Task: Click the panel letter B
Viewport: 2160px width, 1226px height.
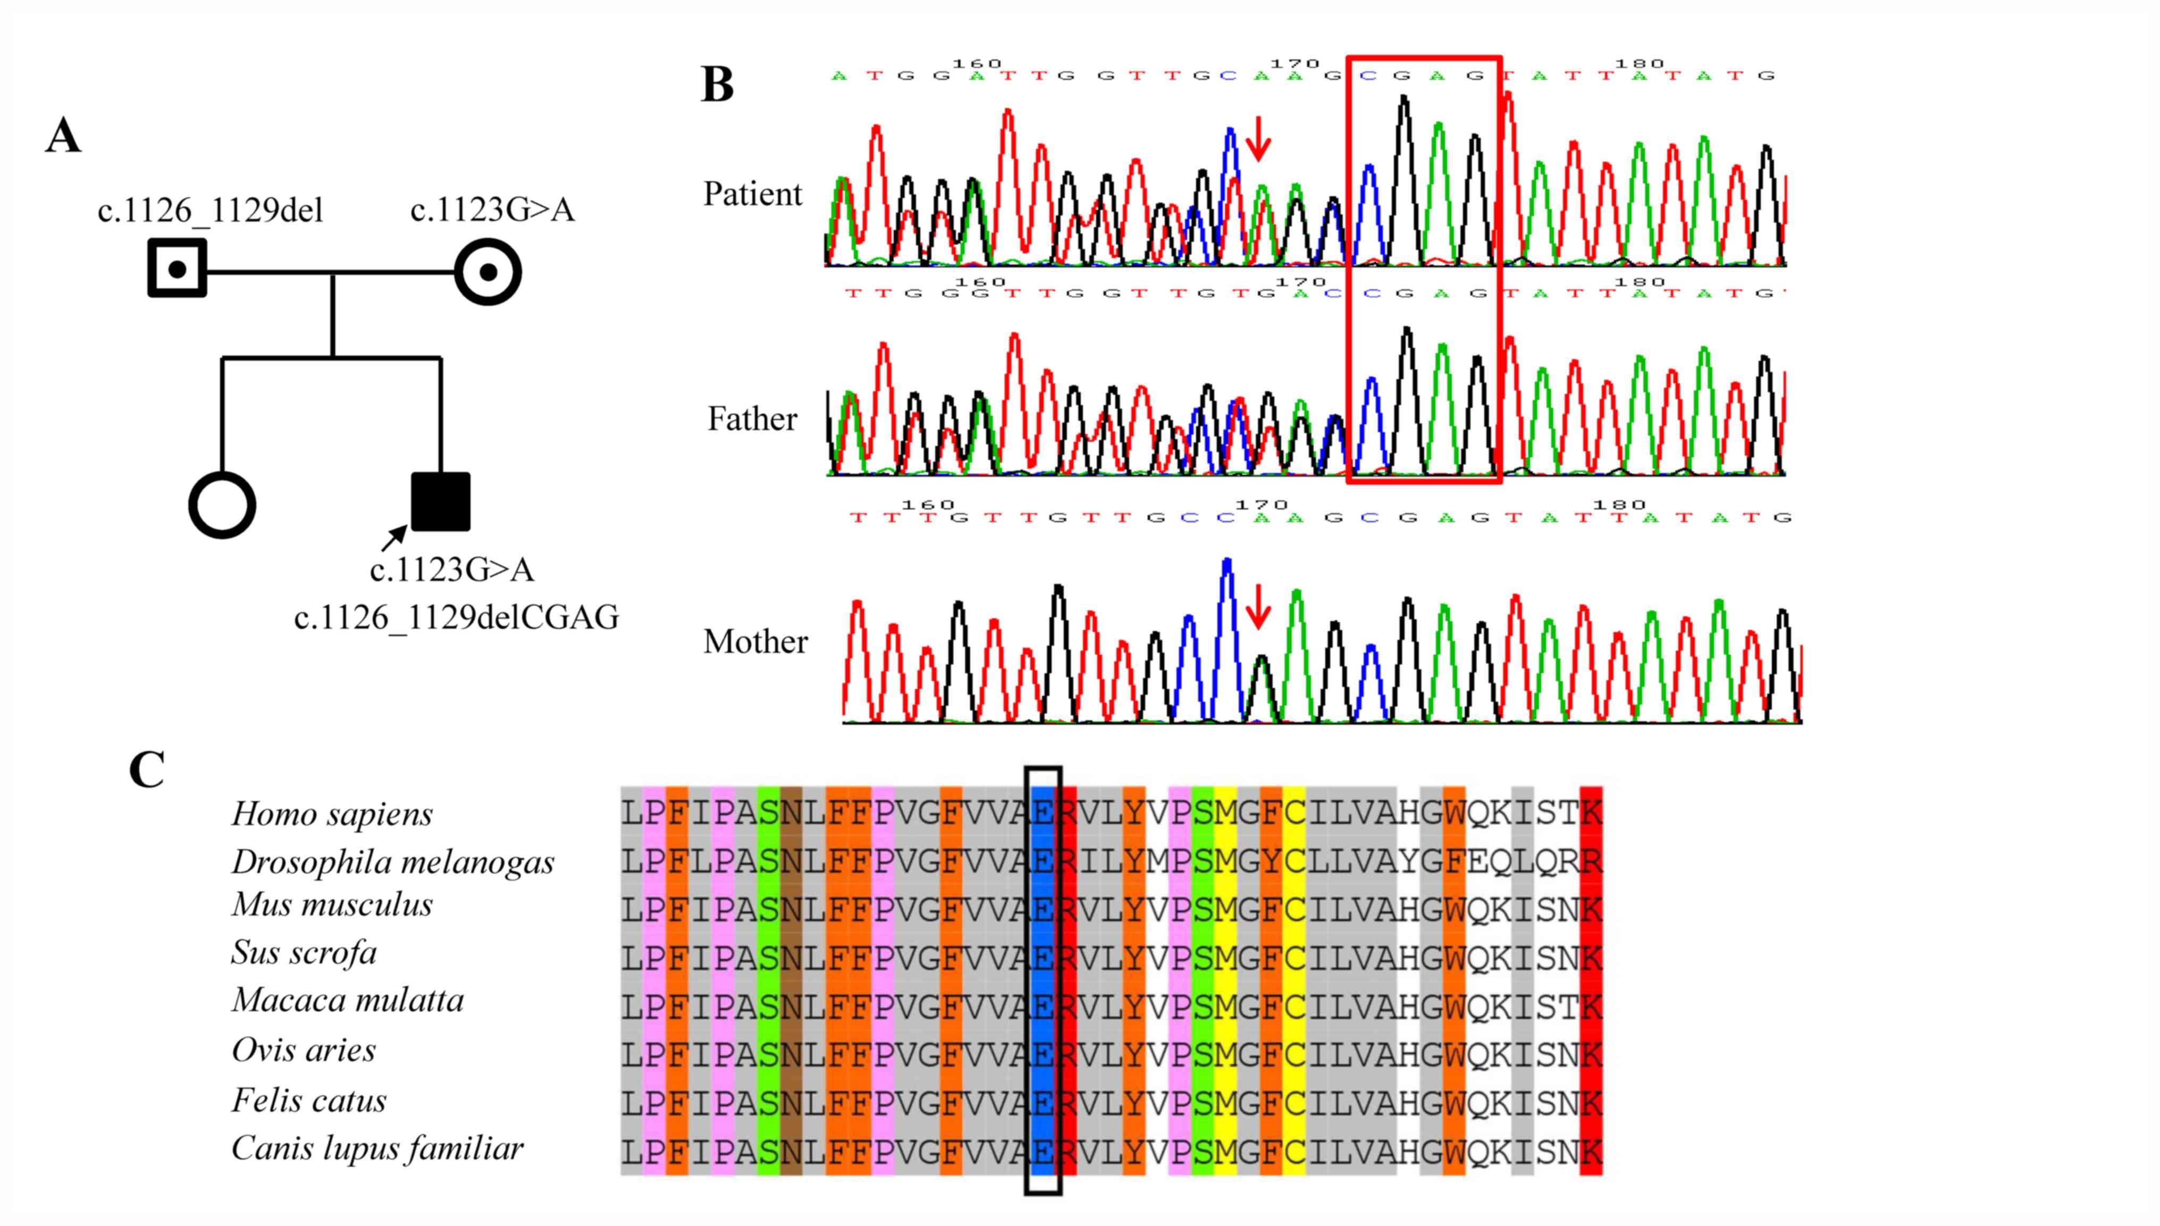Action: click(x=717, y=85)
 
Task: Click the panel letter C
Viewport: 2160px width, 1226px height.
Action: click(x=147, y=770)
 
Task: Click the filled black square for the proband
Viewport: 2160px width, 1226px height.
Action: click(x=440, y=502)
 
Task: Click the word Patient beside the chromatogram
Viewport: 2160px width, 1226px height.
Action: click(x=753, y=195)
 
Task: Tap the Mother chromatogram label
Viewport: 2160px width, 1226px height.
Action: click(x=755, y=642)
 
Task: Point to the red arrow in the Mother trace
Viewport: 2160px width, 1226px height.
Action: click(x=1258, y=606)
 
